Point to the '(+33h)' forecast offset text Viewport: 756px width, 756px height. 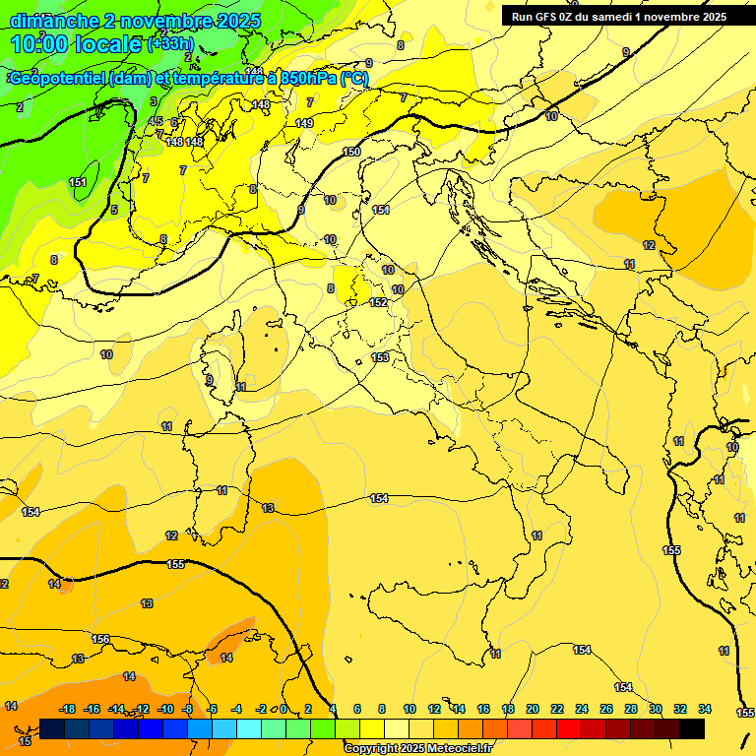point(169,44)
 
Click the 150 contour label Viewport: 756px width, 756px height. point(351,152)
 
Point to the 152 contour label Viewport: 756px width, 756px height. point(379,302)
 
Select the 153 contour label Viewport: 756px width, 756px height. point(380,356)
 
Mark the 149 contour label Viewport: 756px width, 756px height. point(304,123)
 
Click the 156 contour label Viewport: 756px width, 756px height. point(100,639)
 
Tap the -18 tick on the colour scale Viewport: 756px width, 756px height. point(68,709)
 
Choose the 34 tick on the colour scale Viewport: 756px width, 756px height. point(705,709)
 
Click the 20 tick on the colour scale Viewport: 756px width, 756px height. point(533,709)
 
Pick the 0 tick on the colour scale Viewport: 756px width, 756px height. point(283,709)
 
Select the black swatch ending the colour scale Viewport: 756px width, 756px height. point(692,728)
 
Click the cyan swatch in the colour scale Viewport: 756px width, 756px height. point(249,728)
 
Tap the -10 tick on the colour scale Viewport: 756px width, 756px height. point(165,709)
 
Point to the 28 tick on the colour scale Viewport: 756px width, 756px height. point(631,709)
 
